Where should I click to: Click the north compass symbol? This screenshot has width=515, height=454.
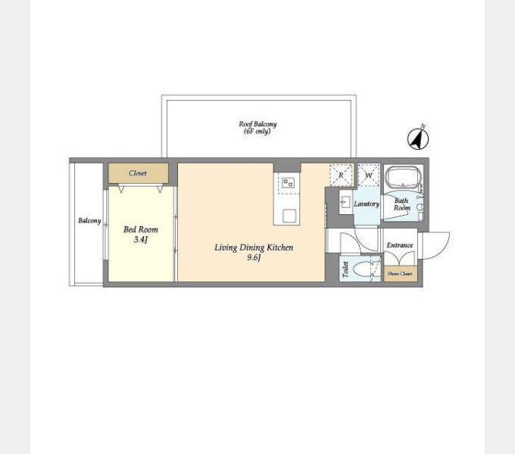(418, 138)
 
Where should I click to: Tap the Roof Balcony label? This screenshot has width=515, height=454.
(257, 128)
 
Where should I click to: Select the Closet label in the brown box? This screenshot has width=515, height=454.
(138, 173)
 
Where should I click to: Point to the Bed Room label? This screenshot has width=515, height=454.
(141, 229)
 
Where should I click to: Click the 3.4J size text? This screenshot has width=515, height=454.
(141, 240)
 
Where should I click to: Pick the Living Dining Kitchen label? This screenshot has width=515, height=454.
(254, 247)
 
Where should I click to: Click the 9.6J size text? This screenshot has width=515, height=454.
(254, 258)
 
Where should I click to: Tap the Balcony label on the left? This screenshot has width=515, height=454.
(89, 221)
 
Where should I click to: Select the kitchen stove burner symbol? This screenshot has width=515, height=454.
(288, 182)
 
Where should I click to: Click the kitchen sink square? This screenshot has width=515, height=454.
(289, 216)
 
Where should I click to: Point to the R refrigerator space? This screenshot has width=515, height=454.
(342, 175)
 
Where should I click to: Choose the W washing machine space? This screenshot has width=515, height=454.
(369, 176)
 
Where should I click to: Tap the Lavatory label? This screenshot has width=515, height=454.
(367, 204)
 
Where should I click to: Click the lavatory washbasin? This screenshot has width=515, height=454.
(345, 202)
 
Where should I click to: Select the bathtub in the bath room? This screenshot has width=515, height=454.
(403, 178)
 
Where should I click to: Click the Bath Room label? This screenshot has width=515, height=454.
(402, 204)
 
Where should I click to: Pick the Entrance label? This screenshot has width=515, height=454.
(400, 245)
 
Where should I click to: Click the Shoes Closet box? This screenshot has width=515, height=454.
(401, 274)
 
